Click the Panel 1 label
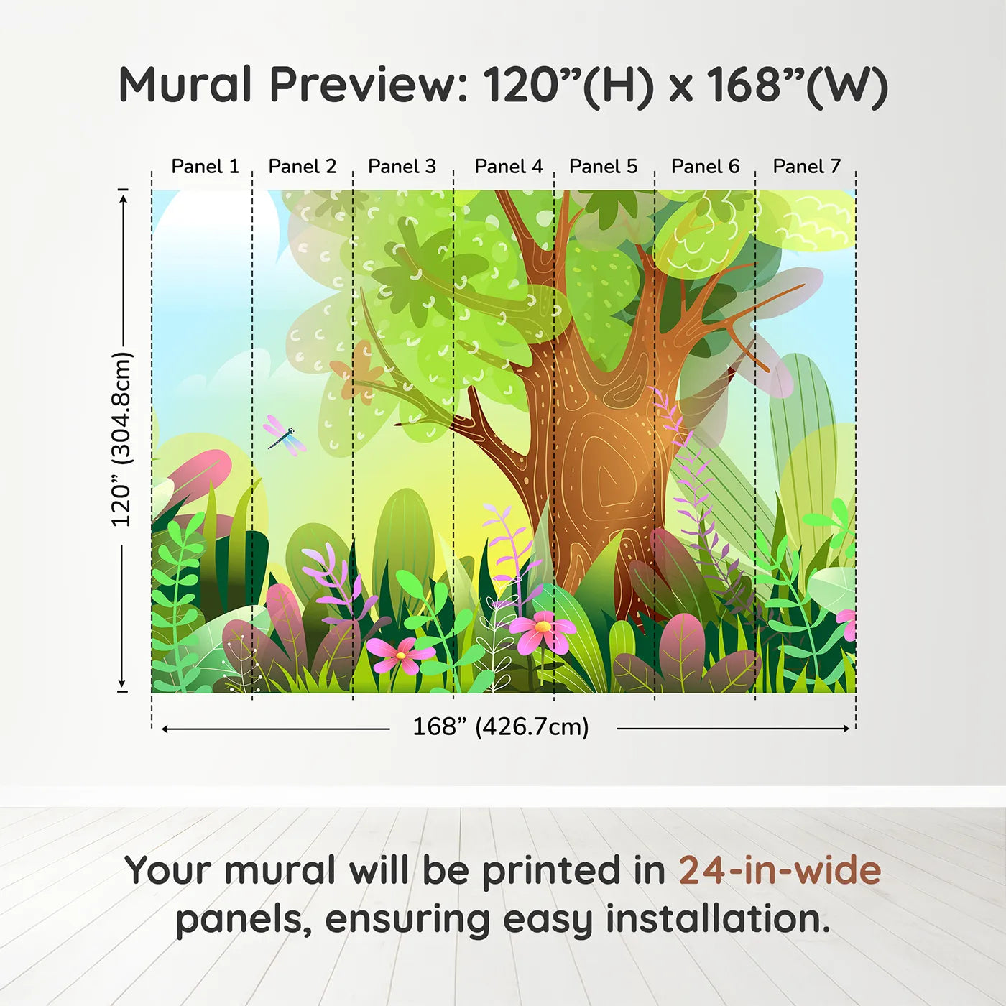205,167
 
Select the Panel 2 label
302,167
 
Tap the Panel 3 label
402,167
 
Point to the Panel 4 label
508,167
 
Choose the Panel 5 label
603,167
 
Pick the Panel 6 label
705,167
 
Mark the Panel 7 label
806,167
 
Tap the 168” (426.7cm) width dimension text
500,727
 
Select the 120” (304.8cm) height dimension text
121,439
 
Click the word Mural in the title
185,85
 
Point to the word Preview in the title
368,85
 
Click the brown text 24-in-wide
780,871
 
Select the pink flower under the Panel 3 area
400,655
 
